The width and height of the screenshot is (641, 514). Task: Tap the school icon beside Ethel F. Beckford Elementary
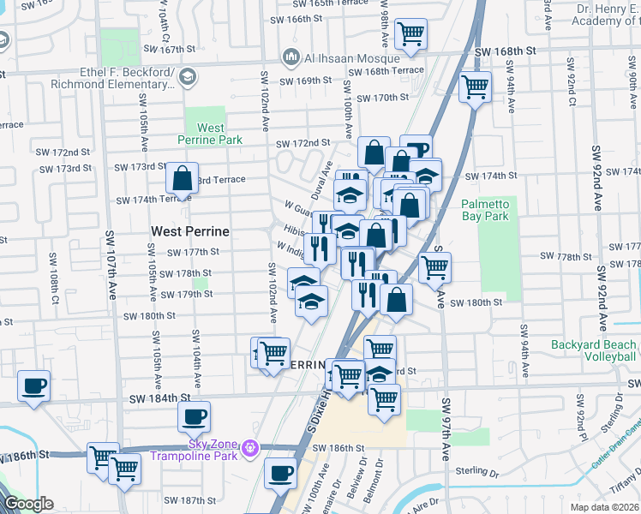click(186, 78)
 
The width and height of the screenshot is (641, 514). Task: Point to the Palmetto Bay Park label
click(486, 210)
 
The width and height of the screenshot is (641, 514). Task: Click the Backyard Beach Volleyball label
click(594, 350)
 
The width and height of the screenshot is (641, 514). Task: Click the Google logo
click(28, 504)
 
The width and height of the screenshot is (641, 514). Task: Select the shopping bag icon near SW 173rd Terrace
click(182, 178)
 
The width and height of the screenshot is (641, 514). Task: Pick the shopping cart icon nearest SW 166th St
click(411, 33)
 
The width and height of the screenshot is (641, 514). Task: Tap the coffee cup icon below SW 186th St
click(279, 472)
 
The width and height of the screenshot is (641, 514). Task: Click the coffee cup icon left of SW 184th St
click(33, 385)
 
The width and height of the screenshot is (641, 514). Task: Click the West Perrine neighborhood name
click(189, 231)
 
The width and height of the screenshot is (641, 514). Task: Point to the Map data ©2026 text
click(604, 507)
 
